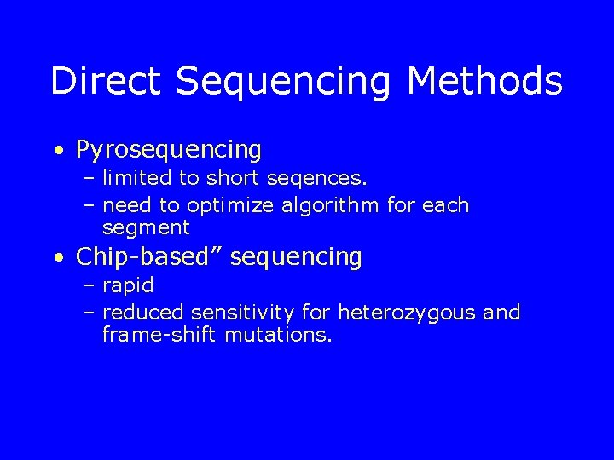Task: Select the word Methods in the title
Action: (484, 82)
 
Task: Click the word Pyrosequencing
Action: (169, 151)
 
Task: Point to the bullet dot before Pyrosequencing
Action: (57, 152)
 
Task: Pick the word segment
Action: (146, 228)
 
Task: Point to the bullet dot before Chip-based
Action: (57, 257)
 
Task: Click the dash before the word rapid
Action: (90, 286)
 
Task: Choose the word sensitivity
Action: (244, 313)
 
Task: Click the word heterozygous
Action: (408, 313)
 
